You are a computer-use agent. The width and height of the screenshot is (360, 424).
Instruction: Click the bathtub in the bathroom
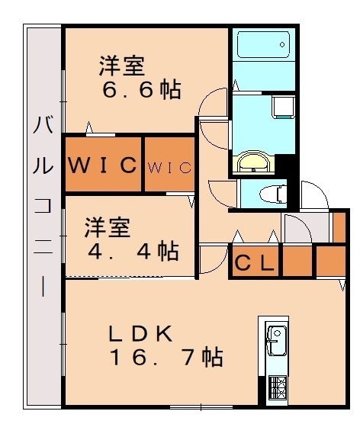coord(263,45)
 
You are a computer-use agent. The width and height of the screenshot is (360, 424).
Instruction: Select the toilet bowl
coord(272,193)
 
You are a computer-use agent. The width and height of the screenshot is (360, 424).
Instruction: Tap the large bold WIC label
coord(103,165)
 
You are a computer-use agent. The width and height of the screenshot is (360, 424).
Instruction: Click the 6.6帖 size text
coord(142,90)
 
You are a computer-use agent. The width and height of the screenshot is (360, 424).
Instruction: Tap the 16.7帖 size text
coord(166,356)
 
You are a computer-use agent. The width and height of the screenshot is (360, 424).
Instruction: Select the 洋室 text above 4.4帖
coord(107,226)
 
